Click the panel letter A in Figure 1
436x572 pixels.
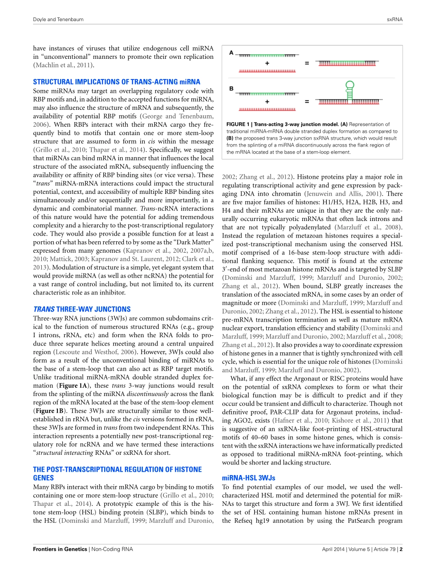point(231,52)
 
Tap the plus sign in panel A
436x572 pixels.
point(267,63)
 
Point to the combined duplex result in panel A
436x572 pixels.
point(350,63)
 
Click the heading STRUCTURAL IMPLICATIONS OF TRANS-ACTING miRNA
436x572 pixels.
point(117,82)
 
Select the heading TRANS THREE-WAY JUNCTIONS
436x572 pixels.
point(82,309)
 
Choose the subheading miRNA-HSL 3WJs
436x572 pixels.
point(248,478)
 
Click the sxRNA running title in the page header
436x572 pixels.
point(394,20)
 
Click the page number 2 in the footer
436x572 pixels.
point(401,549)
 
